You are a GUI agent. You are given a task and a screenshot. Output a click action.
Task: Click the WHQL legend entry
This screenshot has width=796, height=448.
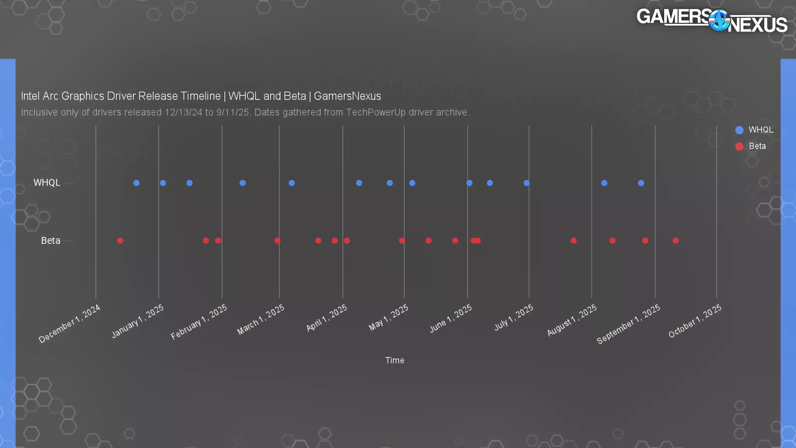(754, 130)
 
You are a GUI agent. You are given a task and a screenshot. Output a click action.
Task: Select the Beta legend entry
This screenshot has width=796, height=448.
(751, 146)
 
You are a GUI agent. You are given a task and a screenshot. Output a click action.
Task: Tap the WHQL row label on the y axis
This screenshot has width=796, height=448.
(47, 183)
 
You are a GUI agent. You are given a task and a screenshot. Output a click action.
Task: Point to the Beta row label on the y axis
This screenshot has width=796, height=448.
(50, 241)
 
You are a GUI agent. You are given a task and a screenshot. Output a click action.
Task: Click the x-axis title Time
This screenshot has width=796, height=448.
(395, 360)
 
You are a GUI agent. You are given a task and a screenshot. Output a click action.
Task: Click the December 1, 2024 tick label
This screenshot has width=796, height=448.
(70, 324)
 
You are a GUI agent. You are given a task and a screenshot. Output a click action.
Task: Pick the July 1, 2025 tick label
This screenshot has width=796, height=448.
(514, 318)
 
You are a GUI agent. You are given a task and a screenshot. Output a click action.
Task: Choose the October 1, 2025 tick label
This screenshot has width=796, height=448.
(695, 321)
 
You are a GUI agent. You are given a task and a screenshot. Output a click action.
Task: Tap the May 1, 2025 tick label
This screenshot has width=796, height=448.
(389, 318)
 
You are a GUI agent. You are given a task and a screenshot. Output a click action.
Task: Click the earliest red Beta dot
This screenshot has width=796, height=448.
(120, 241)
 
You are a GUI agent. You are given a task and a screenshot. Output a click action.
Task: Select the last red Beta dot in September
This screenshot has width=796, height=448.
(676, 241)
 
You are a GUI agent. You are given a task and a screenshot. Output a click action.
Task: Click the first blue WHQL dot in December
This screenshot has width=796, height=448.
(136, 183)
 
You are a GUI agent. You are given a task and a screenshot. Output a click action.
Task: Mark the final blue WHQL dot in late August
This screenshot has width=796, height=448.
(641, 183)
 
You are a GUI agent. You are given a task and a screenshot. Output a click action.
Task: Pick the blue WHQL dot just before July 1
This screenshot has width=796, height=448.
(526, 183)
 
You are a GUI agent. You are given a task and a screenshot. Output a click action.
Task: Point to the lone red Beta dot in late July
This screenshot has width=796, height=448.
(574, 241)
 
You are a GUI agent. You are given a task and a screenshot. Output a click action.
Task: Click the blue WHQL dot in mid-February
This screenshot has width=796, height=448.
(242, 183)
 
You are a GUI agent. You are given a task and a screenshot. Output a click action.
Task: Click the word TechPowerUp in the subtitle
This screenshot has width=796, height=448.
(376, 112)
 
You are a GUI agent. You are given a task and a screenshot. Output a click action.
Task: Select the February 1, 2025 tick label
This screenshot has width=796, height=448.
(199, 322)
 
